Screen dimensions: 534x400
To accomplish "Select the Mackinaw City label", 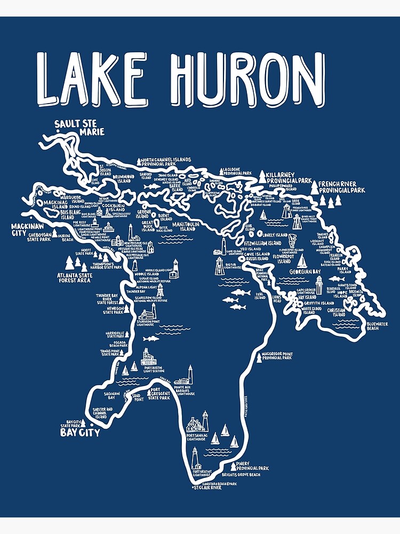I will [26, 230].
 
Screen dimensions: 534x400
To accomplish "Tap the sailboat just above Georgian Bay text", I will [302, 261].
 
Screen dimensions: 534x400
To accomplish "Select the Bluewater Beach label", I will [382, 326].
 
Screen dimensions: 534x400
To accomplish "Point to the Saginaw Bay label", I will [103, 396].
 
